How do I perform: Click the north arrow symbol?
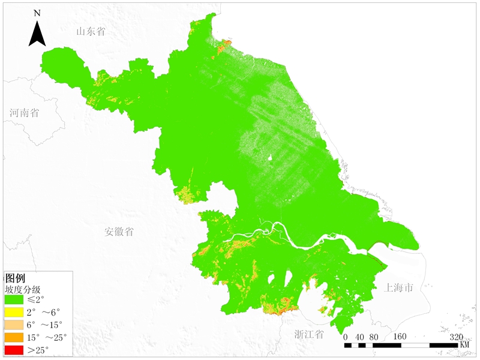click(x=37, y=34)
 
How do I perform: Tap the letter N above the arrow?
click(x=37, y=13)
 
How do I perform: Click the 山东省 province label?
click(x=91, y=31)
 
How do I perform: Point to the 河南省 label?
click(x=24, y=112)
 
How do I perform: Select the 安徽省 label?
click(x=119, y=232)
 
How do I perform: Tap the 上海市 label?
click(x=399, y=288)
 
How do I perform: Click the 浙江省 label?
click(x=309, y=334)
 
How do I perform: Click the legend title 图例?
click(x=15, y=278)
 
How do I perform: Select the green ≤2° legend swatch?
click(x=14, y=299)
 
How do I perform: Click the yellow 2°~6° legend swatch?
click(x=14, y=312)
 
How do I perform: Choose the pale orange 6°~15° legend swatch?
click(x=14, y=325)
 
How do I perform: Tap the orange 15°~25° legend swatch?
click(x=14, y=337)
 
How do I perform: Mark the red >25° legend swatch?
click(x=14, y=350)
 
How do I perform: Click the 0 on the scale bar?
click(x=346, y=336)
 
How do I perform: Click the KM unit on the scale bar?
click(x=464, y=345)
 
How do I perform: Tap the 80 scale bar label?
click(x=373, y=336)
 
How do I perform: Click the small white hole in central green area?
click(x=271, y=158)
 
